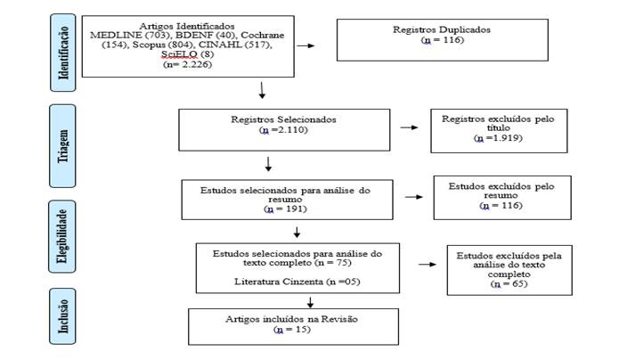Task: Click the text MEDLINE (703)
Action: (120, 34)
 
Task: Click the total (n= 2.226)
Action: (188, 66)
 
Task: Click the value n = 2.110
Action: (282, 130)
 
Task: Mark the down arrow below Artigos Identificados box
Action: (262, 90)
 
